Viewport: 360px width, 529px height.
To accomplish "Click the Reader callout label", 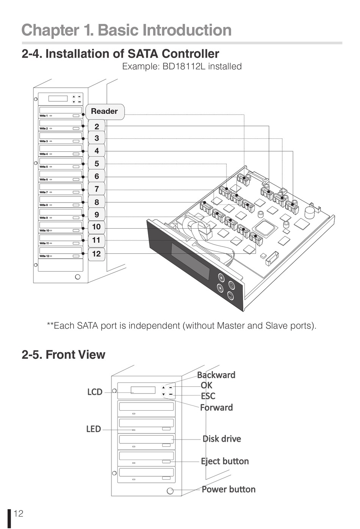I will [x=104, y=111].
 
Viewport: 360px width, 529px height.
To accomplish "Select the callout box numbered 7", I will [x=97, y=189].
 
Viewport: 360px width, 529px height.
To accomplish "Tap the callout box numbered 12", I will [x=97, y=254].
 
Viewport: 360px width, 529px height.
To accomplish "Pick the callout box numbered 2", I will [x=97, y=126].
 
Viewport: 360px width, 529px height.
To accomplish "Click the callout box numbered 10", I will [x=97, y=227].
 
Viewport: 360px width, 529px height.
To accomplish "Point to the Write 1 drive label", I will [x=44, y=116].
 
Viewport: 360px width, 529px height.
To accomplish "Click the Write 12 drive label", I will [x=44, y=256].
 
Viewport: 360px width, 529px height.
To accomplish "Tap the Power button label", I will [x=228, y=489].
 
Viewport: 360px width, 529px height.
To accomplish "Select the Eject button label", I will [x=225, y=461].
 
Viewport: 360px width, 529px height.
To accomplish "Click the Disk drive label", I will [x=222, y=439].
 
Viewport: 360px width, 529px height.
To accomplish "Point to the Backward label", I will [x=216, y=375].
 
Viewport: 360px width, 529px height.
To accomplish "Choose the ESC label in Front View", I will [x=208, y=396].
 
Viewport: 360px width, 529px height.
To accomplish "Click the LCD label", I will [x=95, y=392].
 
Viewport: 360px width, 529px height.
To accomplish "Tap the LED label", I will [x=93, y=429].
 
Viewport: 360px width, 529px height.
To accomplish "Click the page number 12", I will [x=19, y=513].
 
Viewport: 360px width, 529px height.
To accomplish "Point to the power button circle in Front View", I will [x=170, y=491].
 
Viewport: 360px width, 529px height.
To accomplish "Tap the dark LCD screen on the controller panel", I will [x=191, y=261].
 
